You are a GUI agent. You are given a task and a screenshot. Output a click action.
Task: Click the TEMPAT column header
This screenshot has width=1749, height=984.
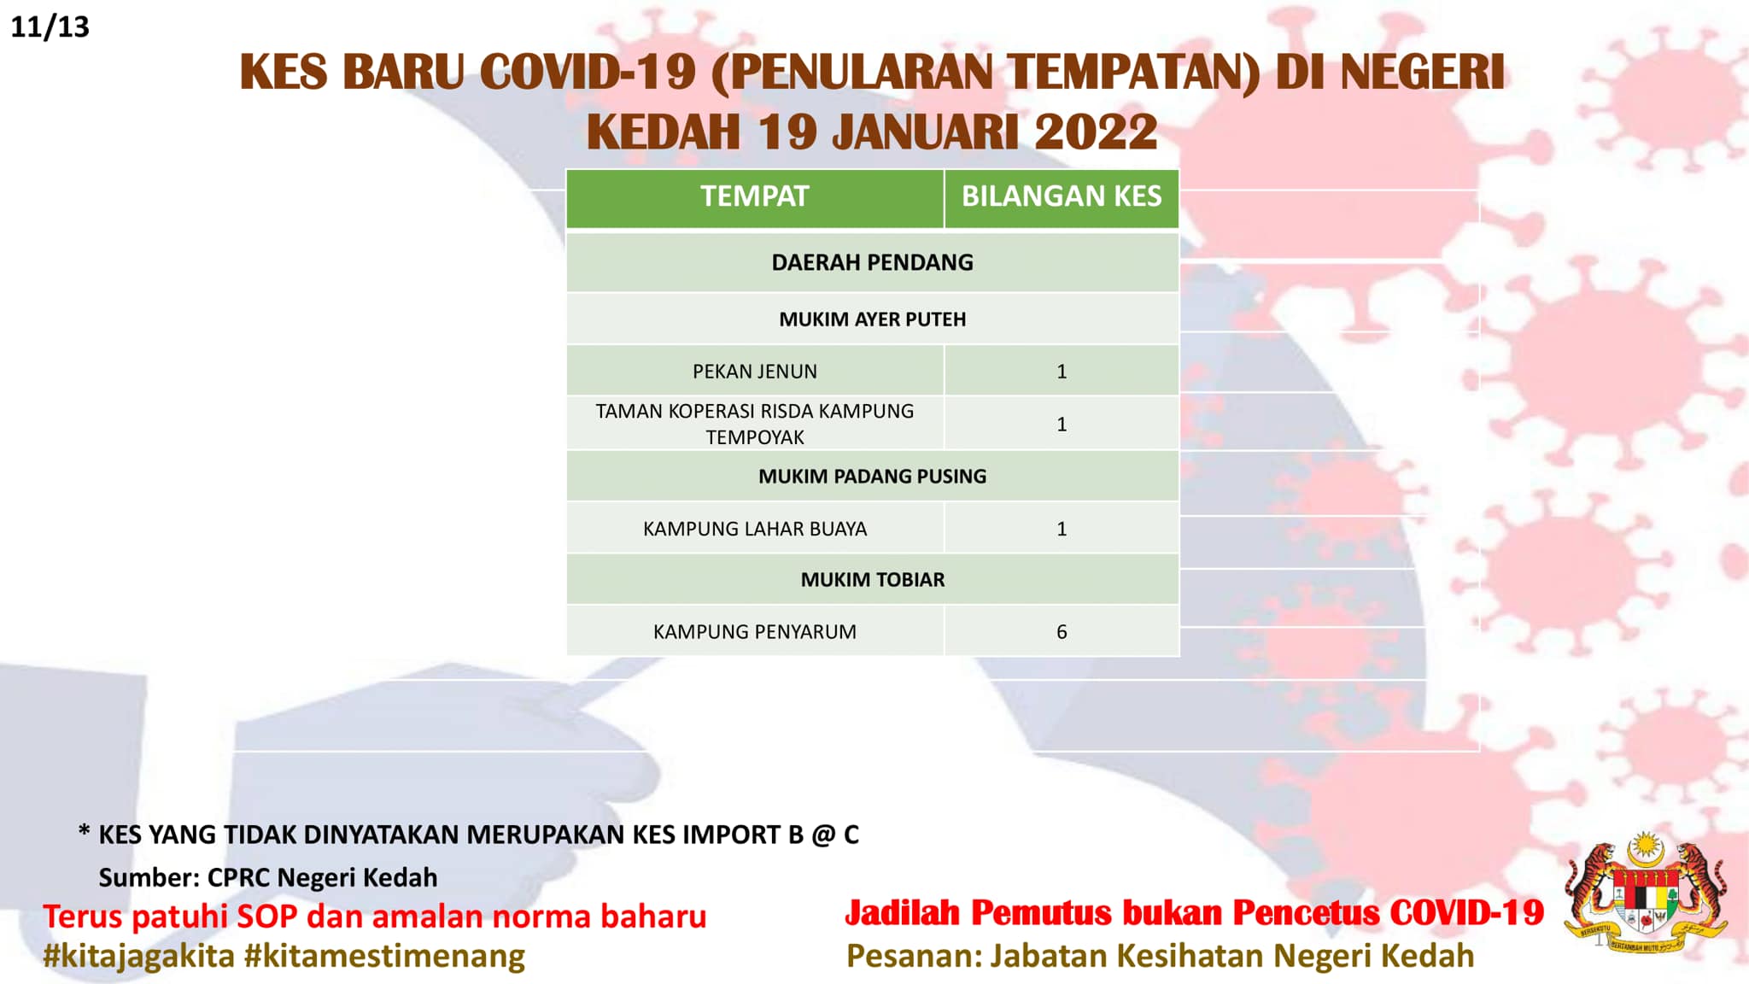click(x=754, y=196)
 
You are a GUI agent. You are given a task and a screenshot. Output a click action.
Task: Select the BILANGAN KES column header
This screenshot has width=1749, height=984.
click(x=1062, y=196)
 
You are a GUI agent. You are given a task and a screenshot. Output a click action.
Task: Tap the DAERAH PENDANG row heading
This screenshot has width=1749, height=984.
click(x=872, y=262)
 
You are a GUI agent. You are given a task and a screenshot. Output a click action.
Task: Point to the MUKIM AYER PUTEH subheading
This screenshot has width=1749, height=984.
click(x=872, y=319)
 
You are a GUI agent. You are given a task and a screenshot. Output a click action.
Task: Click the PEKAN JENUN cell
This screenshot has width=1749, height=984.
click(x=755, y=372)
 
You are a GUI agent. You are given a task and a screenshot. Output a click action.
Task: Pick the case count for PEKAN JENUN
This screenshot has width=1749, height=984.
click(x=1062, y=372)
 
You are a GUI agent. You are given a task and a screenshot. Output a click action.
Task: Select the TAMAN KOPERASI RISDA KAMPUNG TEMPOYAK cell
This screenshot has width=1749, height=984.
click(x=755, y=424)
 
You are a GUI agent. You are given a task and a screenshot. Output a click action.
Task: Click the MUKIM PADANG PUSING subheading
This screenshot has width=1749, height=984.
click(x=872, y=477)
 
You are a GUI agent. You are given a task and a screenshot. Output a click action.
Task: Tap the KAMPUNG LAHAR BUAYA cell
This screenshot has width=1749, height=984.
click(x=755, y=529)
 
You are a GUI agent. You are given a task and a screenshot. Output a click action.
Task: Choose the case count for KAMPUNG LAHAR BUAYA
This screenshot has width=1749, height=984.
click(x=1062, y=529)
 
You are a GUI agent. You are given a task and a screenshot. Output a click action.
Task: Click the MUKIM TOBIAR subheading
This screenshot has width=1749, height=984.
click(x=872, y=580)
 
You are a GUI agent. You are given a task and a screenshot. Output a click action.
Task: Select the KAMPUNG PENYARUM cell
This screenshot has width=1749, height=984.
click(x=755, y=632)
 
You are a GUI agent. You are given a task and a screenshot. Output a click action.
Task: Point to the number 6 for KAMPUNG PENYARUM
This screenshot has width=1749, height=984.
click(x=1062, y=632)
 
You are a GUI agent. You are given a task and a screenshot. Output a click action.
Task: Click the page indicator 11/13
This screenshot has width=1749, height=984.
click(x=50, y=26)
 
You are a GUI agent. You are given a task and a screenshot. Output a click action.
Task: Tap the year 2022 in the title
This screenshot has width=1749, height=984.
click(x=1096, y=132)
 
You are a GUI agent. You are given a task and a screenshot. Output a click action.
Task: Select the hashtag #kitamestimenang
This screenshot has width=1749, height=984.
click(x=384, y=956)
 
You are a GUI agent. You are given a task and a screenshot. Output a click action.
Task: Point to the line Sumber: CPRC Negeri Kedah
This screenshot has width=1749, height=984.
click(x=268, y=877)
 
